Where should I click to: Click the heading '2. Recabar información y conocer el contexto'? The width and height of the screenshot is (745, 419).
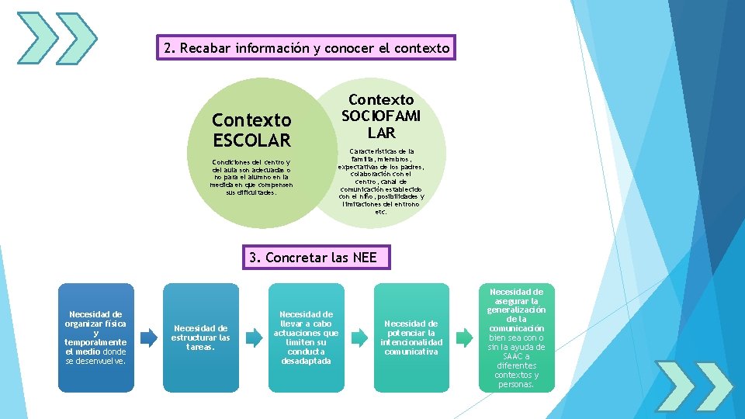click(307, 48)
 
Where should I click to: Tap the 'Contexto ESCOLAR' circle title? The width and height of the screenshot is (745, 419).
click(251, 130)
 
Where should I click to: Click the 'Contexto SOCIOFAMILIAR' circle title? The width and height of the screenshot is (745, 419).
click(381, 116)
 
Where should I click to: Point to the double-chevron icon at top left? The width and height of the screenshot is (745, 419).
click(57, 38)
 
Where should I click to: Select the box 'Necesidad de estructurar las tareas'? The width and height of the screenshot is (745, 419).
click(201, 338)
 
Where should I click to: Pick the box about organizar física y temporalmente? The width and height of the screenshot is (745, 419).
click(96, 338)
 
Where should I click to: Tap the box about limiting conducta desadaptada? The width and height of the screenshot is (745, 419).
click(306, 338)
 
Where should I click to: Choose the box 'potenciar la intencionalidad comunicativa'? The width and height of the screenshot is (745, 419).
click(411, 338)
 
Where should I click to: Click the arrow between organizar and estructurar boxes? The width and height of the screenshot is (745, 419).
click(148, 338)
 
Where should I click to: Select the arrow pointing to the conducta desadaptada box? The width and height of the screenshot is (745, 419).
click(254, 338)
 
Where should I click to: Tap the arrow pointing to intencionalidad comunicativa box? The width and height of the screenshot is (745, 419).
click(359, 338)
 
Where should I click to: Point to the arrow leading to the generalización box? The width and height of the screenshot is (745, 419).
click(464, 338)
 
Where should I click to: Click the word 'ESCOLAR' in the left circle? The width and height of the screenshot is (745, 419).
click(251, 140)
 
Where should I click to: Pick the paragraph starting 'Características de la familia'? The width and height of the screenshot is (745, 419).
click(381, 182)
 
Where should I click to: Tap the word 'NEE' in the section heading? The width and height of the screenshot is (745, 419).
click(364, 258)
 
